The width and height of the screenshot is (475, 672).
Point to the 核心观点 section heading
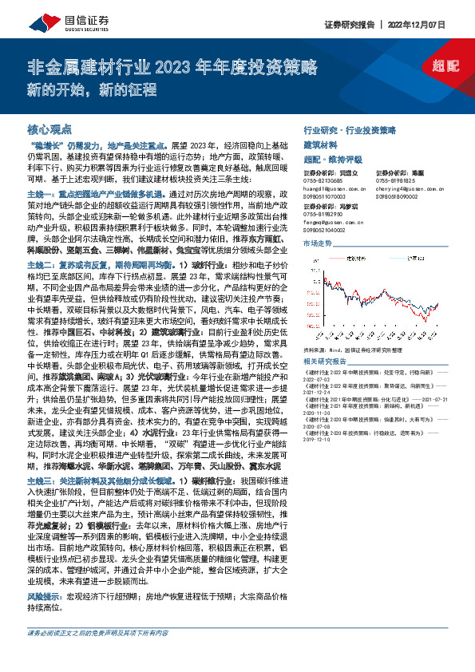click(x=49, y=128)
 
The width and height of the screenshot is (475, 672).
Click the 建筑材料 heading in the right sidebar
click(x=323, y=144)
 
